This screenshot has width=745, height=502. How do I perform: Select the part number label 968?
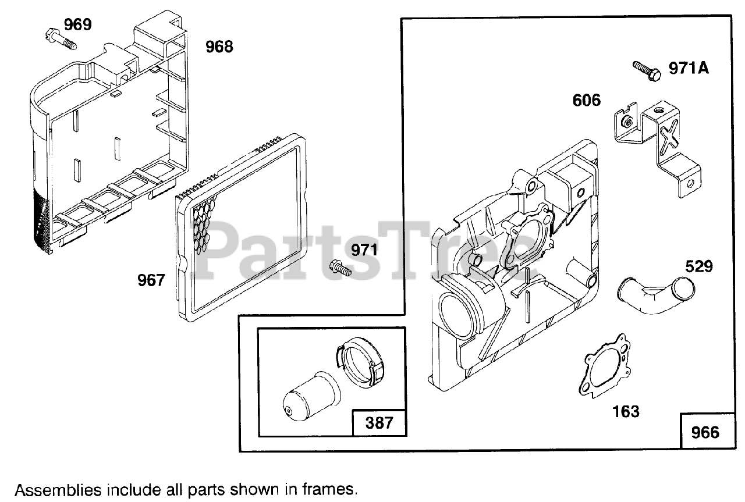(219, 47)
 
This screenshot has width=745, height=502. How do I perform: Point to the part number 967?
(151, 280)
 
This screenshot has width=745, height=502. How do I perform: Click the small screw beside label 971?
(340, 268)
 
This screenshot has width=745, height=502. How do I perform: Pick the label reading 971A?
(689, 69)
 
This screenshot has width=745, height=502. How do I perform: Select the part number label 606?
(586, 101)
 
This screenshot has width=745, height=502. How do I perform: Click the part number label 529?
(699, 266)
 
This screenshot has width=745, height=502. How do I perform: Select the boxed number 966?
(705, 432)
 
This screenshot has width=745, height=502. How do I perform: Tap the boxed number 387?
(379, 422)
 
